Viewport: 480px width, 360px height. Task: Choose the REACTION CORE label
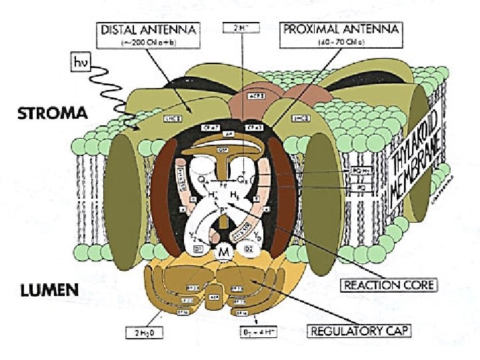(x=389, y=285)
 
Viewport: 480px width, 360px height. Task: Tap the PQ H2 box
(x=357, y=173)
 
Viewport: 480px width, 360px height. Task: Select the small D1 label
(x=198, y=249)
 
